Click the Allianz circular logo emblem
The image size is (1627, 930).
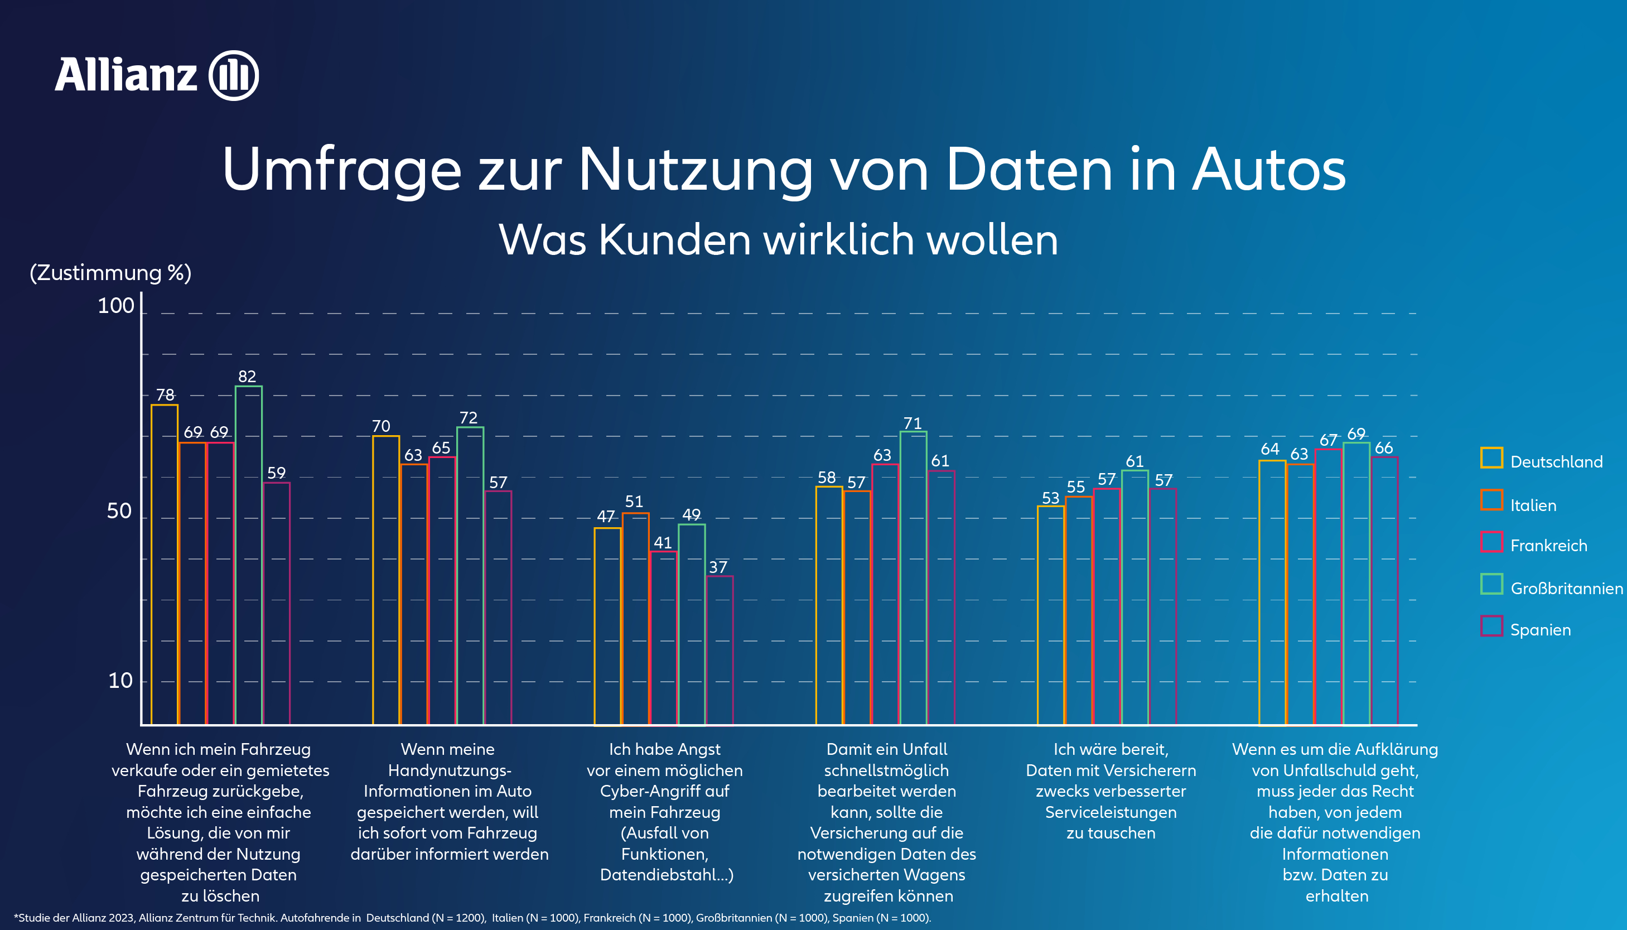click(234, 75)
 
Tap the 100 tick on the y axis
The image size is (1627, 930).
click(115, 306)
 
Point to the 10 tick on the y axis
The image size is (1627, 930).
click(120, 680)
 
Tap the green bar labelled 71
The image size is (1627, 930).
click(913, 578)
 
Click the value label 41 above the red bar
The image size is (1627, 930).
click(663, 543)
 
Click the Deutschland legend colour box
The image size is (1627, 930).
click(1491, 458)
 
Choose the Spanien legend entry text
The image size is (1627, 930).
click(1540, 630)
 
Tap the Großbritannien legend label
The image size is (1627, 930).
click(1566, 588)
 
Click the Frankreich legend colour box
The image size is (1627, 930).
click(1491, 542)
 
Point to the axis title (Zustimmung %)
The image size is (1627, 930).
click(110, 273)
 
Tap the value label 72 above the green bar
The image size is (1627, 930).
click(468, 418)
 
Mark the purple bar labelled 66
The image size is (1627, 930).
click(1384, 590)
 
